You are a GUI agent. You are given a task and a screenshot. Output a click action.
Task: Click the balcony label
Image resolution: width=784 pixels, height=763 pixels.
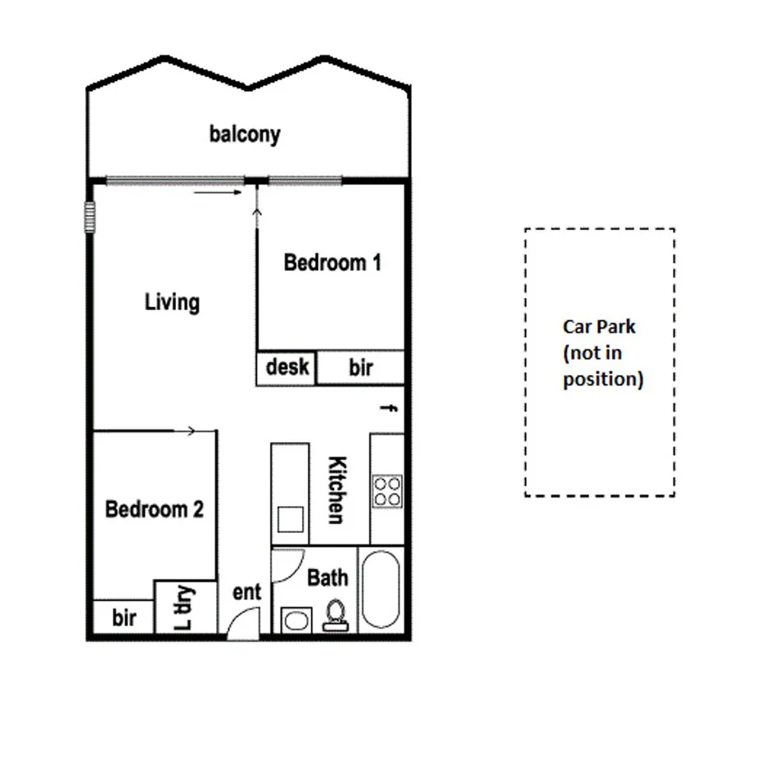tap(245, 134)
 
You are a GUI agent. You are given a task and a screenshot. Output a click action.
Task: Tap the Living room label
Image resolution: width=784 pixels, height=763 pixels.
tap(172, 302)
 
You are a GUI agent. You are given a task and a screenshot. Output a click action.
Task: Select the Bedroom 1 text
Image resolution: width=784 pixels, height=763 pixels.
tap(332, 263)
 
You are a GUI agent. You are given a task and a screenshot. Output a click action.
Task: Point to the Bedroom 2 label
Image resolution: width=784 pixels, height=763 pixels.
tap(155, 509)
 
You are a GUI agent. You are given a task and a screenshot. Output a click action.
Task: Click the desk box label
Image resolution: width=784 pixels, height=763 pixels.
tap(287, 368)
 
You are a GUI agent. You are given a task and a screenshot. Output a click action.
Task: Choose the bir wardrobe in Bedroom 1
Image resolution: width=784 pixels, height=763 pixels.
tap(361, 368)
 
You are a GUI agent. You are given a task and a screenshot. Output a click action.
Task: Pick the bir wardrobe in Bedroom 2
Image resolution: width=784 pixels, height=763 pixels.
tap(124, 617)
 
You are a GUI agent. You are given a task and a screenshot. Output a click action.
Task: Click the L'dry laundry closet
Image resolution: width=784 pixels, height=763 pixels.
tap(186, 607)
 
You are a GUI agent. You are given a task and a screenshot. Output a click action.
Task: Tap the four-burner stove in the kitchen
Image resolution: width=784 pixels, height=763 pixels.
tap(387, 490)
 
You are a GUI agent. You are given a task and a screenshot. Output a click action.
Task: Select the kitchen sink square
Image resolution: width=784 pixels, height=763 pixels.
tap(291, 520)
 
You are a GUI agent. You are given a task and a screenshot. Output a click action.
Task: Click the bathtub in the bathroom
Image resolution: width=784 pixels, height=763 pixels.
tap(381, 590)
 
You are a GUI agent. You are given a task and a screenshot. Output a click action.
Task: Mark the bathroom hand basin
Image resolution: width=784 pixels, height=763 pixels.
tap(294, 620)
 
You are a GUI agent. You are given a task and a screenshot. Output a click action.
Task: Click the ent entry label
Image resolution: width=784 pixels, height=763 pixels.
tap(246, 591)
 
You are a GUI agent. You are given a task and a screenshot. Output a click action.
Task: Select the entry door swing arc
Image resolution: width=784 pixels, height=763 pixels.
tap(241, 625)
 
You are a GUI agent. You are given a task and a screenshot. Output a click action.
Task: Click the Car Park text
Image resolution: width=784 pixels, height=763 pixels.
tap(599, 327)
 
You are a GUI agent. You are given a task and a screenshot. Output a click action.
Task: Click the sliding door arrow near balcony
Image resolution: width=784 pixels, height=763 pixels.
tap(219, 192)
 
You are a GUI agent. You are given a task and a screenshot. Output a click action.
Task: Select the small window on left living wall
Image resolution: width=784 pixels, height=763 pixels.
tap(89, 218)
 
